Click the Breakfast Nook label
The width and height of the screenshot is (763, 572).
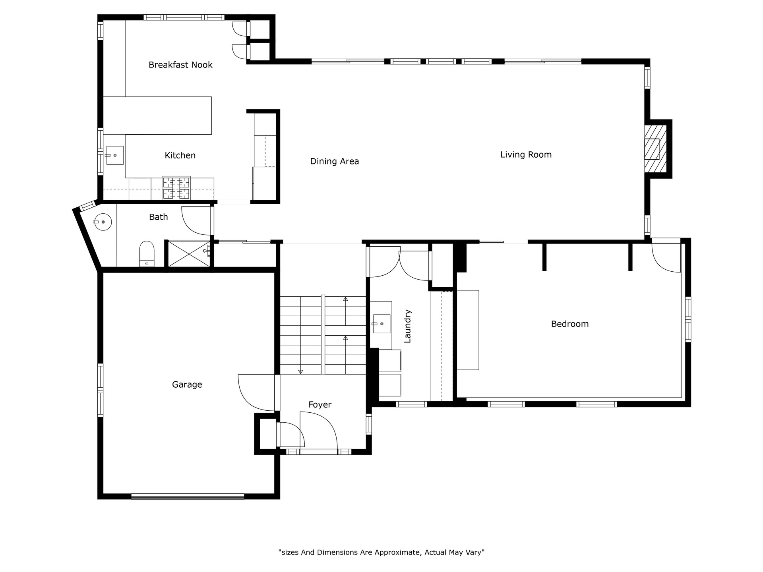[180, 65]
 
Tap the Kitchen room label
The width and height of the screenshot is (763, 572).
[180, 155]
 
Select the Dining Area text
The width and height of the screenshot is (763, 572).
[335, 161]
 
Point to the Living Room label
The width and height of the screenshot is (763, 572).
[526, 155]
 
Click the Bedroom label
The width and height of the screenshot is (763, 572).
[570, 324]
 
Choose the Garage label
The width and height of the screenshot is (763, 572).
[187, 385]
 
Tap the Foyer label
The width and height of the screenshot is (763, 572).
[320, 405]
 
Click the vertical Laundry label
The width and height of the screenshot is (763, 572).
[408, 326]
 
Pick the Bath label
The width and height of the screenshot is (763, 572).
[159, 217]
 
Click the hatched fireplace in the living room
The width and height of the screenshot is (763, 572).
[655, 149]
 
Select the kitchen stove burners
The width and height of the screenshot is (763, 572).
[176, 188]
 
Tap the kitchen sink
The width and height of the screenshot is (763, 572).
[114, 155]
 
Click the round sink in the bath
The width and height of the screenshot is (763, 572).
[103, 222]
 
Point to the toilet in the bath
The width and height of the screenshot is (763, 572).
[147, 253]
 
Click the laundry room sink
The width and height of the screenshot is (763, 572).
[381, 324]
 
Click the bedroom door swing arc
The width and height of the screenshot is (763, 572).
[666, 258]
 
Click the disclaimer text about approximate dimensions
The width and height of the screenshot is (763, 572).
[381, 553]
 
